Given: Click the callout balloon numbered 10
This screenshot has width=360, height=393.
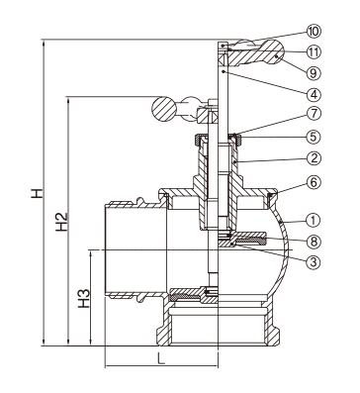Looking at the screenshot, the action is pos(314,32).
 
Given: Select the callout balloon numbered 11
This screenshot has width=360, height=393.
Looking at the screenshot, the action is pos(314,51).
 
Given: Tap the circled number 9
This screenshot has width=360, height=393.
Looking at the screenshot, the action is pos(314,73).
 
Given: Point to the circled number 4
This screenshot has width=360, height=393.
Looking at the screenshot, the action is pos(314,94).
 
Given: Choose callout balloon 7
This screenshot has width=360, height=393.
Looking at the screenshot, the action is pos(314,114).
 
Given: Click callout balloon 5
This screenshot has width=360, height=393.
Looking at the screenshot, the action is pos(314,137).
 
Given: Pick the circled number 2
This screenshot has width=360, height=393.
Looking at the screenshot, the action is pos(314,158).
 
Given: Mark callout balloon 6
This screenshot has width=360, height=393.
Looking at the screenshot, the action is pos(314,182).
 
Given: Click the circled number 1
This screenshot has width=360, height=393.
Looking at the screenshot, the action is pos(314,220).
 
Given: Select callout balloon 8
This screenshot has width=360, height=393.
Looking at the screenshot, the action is pos(314,242).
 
